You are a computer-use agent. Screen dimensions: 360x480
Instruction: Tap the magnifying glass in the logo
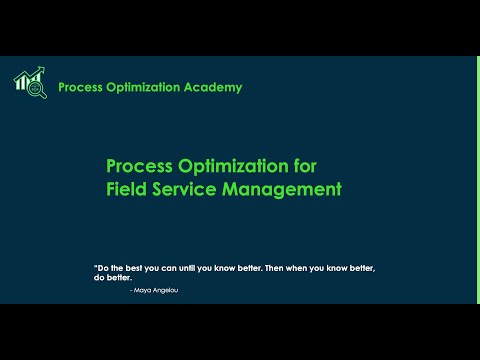[x=38, y=89]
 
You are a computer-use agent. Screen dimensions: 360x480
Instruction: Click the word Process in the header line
[x=80, y=88]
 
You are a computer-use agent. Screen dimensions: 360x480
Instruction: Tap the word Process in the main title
[x=138, y=165]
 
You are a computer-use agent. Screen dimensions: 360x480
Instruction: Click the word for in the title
[x=330, y=165]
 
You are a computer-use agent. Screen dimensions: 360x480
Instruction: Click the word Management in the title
[x=284, y=187]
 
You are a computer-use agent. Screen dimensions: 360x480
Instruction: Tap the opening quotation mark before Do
[x=95, y=267]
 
